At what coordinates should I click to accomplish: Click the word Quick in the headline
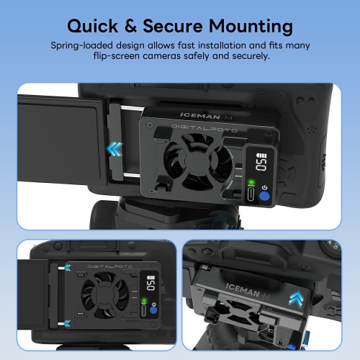(x=93, y=27)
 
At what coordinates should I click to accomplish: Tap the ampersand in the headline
(x=131, y=26)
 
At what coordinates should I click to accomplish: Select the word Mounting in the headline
(x=251, y=27)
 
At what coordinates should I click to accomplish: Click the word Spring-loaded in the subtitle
(x=81, y=45)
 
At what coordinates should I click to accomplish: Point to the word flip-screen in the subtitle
(x=117, y=56)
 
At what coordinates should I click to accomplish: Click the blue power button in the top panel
(x=264, y=196)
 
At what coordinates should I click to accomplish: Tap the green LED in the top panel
(x=251, y=181)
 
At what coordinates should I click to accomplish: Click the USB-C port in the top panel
(x=251, y=194)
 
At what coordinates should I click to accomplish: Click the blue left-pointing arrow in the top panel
(x=114, y=149)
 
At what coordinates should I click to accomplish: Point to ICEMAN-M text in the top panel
(x=206, y=116)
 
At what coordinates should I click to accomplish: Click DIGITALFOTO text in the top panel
(x=204, y=128)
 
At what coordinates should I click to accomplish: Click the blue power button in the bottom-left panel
(x=153, y=310)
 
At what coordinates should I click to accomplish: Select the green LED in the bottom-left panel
(x=144, y=300)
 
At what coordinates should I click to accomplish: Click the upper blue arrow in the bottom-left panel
(x=68, y=268)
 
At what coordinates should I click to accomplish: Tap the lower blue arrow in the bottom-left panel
(x=68, y=323)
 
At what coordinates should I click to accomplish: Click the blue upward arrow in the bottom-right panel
(x=297, y=298)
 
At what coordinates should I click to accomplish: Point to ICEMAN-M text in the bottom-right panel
(x=248, y=291)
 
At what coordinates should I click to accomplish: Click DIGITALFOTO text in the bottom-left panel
(x=109, y=266)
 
